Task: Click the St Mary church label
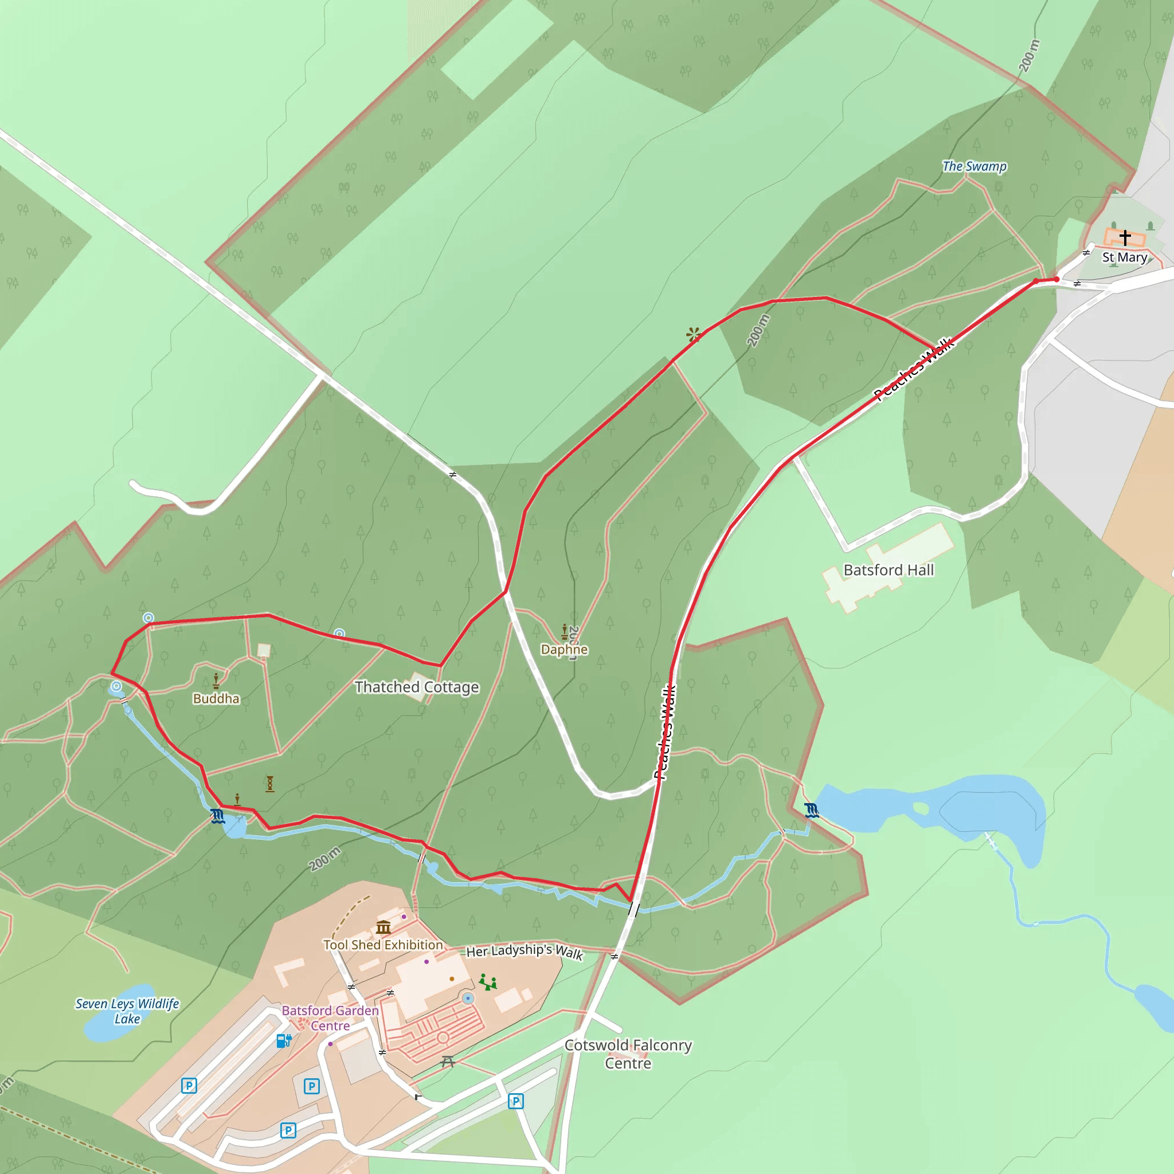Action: [1124, 257]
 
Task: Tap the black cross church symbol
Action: [1125, 237]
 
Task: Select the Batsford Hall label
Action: [889, 570]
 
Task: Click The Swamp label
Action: [974, 166]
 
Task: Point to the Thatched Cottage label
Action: [416, 687]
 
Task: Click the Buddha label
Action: [216, 698]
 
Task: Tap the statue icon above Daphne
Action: [565, 631]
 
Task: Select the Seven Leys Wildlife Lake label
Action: [127, 1011]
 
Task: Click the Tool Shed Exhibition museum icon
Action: [383, 928]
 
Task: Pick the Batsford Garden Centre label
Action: [330, 1018]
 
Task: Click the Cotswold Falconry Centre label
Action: [628, 1054]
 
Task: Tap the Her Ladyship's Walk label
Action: [525, 951]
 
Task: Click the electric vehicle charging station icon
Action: [284, 1041]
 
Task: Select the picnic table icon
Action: [448, 1062]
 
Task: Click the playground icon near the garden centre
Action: [488, 982]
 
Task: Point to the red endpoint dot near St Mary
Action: [1056, 279]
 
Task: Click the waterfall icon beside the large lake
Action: [811, 810]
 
